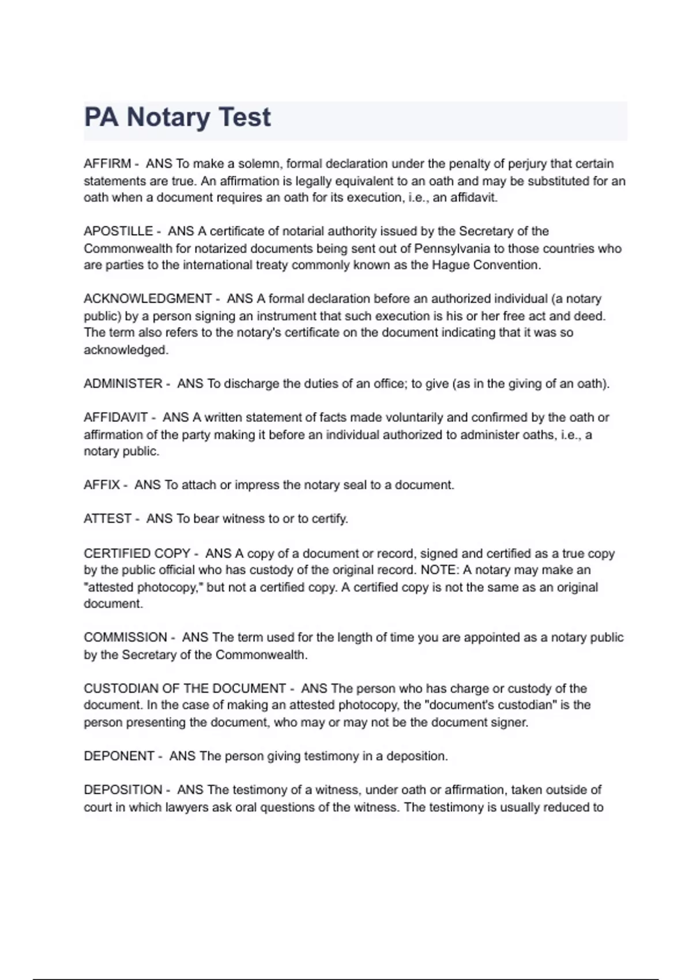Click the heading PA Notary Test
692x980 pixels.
point(177,117)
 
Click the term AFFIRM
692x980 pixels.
point(107,164)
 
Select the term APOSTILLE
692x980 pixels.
point(118,231)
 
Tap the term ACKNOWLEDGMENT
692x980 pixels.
point(148,299)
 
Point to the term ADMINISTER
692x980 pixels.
point(123,383)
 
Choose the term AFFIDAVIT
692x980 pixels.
point(115,417)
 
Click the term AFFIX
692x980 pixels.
point(101,485)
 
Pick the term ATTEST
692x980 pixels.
point(107,519)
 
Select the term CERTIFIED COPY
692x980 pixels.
point(137,553)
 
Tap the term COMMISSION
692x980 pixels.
point(125,638)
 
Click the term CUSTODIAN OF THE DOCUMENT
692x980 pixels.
point(185,688)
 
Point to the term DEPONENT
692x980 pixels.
point(119,756)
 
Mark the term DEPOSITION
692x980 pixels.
point(123,790)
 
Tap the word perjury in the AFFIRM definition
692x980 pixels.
point(526,164)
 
